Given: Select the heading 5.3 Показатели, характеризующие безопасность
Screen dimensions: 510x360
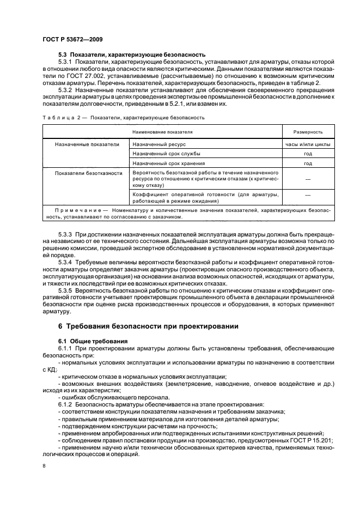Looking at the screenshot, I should pos(131,54).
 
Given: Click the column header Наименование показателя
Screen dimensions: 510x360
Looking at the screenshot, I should pos(162,132).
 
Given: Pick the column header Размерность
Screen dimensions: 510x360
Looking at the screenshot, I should pos(308,132).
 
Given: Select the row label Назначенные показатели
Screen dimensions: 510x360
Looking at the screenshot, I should pos(87,144).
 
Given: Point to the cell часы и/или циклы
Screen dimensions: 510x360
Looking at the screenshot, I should pos(308,144).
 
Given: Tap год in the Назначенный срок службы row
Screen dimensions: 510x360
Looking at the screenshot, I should pos(308,154).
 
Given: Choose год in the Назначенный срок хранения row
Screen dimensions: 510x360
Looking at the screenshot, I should pos(308,163).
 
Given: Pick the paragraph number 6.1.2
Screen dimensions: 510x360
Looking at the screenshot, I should pos(66,405).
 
